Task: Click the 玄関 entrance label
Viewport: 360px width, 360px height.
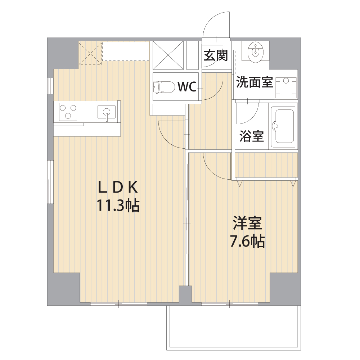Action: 215,55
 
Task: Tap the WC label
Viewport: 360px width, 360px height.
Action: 187,86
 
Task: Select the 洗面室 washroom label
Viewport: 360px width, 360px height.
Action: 255,82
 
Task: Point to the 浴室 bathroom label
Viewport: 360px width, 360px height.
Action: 251,136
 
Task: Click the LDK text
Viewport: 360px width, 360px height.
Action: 118,187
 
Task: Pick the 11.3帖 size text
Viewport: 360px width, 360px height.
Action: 118,206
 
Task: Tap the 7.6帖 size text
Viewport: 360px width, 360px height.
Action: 247,241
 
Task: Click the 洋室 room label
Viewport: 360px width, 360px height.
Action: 247,223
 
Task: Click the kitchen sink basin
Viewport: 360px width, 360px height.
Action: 107,112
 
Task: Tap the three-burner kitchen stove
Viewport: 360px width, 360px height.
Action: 68,112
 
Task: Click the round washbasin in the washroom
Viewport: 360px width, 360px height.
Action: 255,51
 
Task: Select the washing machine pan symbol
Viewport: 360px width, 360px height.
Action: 286,87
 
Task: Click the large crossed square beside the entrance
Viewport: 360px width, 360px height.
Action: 168,55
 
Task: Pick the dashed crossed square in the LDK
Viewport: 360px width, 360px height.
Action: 90,53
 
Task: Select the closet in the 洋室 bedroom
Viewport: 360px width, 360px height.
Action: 266,165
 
